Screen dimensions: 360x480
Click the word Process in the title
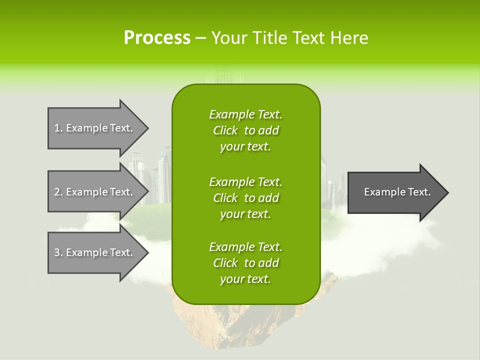[157, 38]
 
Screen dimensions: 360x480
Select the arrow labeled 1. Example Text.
[95, 128]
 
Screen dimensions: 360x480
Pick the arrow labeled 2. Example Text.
[95, 192]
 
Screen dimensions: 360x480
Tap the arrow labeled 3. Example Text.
[95, 252]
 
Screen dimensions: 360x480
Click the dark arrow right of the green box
[397, 192]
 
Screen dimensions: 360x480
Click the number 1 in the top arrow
[56, 128]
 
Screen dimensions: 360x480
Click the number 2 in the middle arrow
[57, 192]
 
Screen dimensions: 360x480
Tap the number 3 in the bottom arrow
[57, 252]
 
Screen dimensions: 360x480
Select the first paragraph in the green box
[245, 130]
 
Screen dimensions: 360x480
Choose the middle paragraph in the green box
[245, 197]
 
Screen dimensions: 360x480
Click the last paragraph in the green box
[245, 263]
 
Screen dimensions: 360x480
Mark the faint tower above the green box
[225, 75]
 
